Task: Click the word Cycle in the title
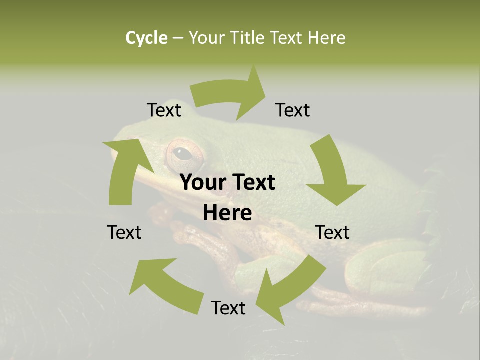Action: pos(146,38)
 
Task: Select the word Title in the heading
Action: pos(250,38)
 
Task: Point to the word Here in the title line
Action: pos(326,38)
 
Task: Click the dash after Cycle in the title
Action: pos(178,38)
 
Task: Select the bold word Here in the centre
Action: pos(227,213)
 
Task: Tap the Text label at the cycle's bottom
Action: pos(228,308)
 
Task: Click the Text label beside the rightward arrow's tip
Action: pos(293,110)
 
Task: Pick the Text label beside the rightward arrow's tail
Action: pos(164,110)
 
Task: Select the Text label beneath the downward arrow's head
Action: pos(332,232)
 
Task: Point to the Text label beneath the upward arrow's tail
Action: pos(124,232)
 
